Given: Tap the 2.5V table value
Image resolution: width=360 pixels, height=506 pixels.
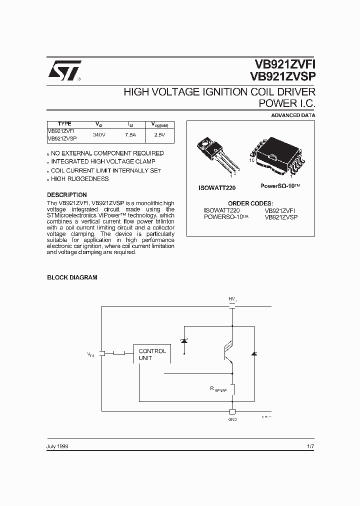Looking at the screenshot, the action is (159, 135).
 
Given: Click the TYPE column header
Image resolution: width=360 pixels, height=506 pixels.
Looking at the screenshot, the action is (64, 124).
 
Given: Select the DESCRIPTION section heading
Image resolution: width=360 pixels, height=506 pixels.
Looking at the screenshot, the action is (67, 195).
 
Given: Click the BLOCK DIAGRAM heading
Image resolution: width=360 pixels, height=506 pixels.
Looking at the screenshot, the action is (72, 277).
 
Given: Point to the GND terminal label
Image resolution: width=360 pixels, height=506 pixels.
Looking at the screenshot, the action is (232, 419).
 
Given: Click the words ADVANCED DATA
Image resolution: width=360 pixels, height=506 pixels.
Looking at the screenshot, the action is (293, 115).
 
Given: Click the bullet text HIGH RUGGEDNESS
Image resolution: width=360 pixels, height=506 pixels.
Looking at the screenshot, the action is (79, 179).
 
